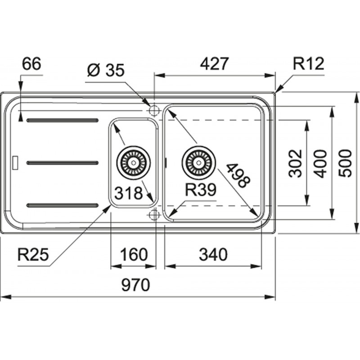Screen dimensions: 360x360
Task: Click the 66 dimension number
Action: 31,64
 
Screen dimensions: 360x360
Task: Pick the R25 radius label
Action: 33,255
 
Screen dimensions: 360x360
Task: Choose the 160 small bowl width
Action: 133,255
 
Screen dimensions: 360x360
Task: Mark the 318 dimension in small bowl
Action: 128,193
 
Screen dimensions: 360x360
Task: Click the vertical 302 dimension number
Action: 295,163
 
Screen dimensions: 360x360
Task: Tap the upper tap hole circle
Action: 154,109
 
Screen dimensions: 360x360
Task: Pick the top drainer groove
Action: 63,120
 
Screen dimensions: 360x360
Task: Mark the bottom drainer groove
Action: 63,205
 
